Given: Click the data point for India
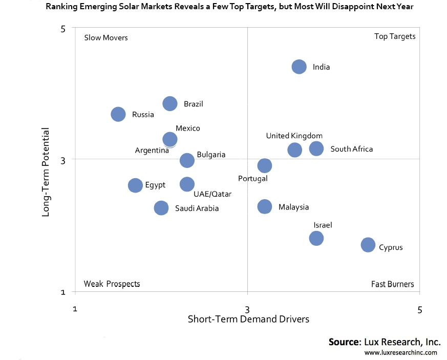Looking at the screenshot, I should [299, 67].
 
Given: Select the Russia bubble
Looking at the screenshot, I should [118, 114].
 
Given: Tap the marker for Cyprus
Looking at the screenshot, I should [368, 245].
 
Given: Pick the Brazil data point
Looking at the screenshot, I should [170, 104].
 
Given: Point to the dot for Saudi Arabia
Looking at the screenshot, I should [161, 208].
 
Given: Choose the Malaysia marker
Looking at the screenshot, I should [265, 206].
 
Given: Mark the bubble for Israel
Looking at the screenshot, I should [316, 238].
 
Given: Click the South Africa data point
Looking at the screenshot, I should [316, 149].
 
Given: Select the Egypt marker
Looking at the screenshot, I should [135, 185].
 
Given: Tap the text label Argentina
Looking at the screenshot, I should [152, 151].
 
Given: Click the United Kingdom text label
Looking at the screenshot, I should [294, 136].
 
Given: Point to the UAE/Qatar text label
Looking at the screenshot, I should [212, 195].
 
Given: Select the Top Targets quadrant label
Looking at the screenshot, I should [395, 36].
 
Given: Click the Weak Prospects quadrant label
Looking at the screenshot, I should [112, 284].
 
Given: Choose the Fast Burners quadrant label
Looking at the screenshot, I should [393, 284].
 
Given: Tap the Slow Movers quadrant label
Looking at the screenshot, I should [105, 38].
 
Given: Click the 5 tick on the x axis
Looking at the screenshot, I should [420, 309].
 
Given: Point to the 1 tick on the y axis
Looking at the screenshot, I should [63, 292].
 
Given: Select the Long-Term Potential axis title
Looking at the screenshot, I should [46, 172].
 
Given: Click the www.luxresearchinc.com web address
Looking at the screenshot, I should [401, 353].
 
